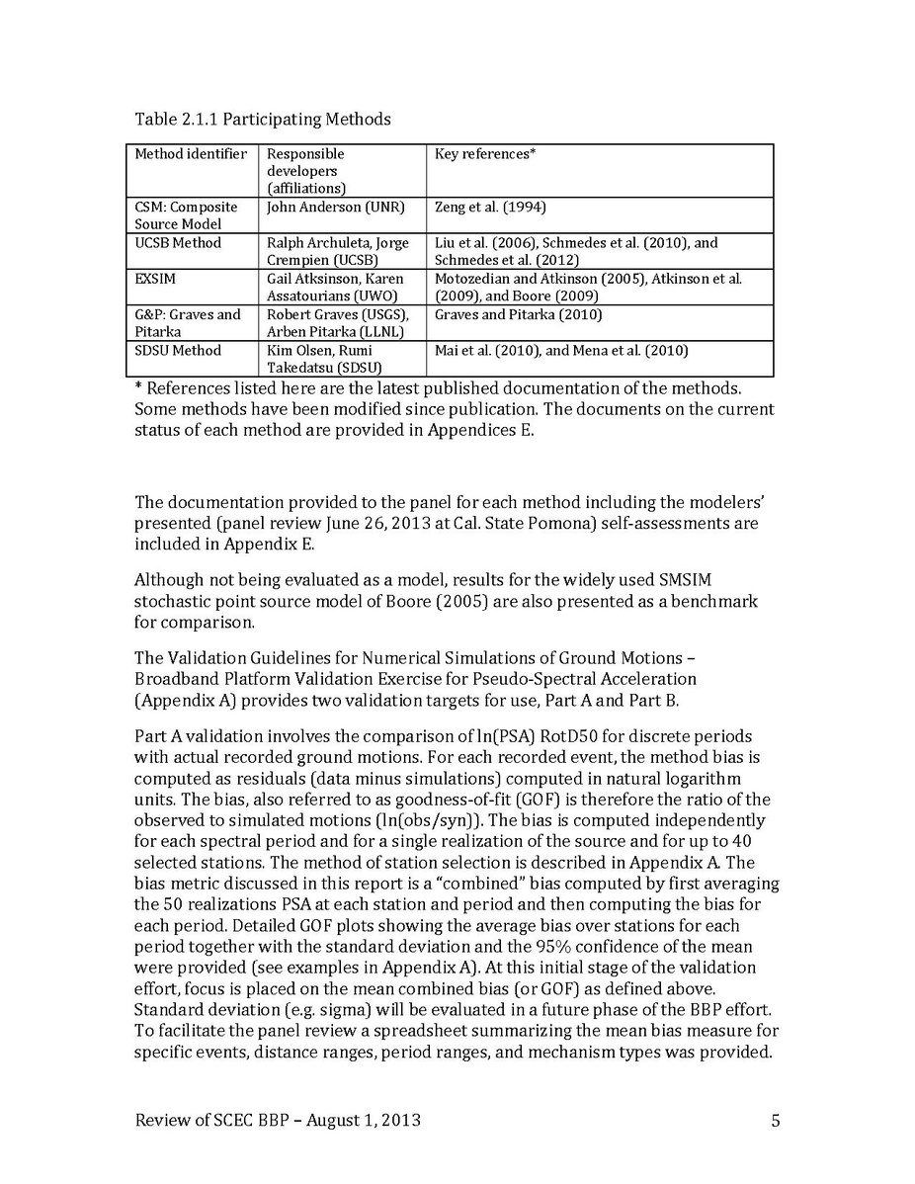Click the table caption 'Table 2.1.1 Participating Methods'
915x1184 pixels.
(x=263, y=120)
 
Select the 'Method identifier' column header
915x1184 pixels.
(x=191, y=154)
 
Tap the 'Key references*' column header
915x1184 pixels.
(x=485, y=154)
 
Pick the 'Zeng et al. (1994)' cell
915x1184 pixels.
(x=490, y=208)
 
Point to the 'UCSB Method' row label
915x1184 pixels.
(x=178, y=243)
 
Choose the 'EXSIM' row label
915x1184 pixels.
(x=155, y=280)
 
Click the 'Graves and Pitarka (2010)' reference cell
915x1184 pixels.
(x=518, y=315)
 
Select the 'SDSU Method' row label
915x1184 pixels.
(x=178, y=351)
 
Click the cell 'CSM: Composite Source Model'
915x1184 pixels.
(x=187, y=215)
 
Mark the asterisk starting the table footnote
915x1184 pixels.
(x=138, y=387)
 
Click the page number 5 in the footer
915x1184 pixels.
(x=776, y=1120)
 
